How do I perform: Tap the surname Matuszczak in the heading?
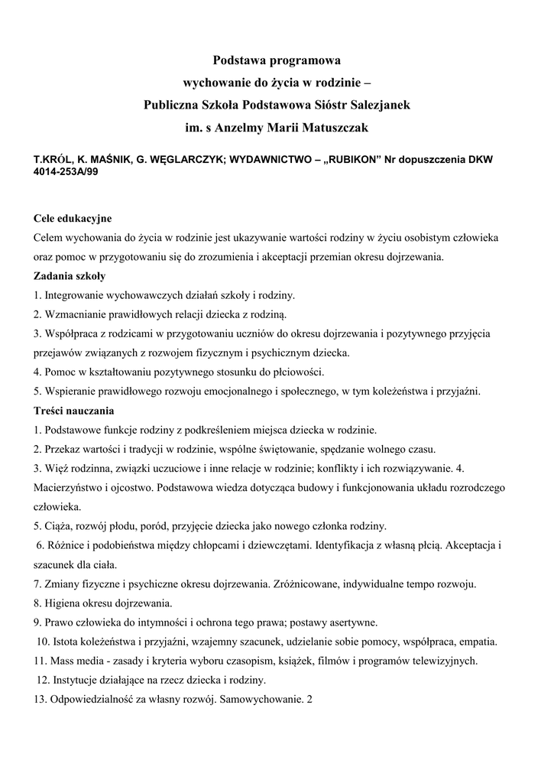[x=333, y=127]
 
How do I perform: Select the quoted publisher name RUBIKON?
[x=347, y=161]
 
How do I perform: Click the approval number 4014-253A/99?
[x=65, y=172]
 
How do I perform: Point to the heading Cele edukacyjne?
[x=73, y=219]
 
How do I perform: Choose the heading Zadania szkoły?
[x=70, y=275]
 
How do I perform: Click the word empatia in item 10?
[x=478, y=641]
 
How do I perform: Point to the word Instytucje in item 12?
[x=76, y=680]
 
